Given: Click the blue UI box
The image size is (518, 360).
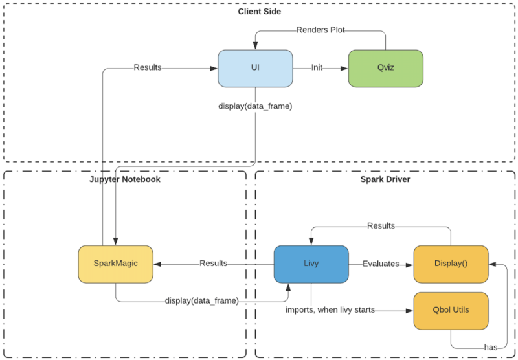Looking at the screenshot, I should pyautogui.click(x=255, y=68).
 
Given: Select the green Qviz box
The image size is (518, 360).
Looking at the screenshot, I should pyautogui.click(x=386, y=68).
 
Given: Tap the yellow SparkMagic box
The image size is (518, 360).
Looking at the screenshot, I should pyautogui.click(x=116, y=264).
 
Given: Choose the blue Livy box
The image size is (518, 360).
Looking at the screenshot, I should pyautogui.click(x=311, y=264).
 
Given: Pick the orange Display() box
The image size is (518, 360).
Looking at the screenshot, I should pyautogui.click(x=451, y=264).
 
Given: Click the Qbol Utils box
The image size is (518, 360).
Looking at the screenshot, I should pyautogui.click(x=451, y=310).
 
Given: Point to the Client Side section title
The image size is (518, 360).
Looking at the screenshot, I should pyautogui.click(x=259, y=12).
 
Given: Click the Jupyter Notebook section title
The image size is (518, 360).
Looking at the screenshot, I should pyautogui.click(x=125, y=179).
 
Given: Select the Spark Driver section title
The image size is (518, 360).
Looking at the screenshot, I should pyautogui.click(x=385, y=179).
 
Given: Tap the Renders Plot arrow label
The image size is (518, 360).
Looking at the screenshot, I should pyautogui.click(x=321, y=30).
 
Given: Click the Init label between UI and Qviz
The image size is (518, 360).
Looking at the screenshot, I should pyautogui.click(x=317, y=67).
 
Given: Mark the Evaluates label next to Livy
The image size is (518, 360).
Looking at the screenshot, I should pyautogui.click(x=381, y=264).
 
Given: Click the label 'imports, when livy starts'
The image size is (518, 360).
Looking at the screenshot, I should pyautogui.click(x=330, y=310).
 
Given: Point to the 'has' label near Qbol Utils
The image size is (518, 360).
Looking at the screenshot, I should pyautogui.click(x=491, y=347).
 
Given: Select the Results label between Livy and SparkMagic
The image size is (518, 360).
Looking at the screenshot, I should pyautogui.click(x=213, y=264).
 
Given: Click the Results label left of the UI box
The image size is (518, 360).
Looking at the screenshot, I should pyautogui.click(x=148, y=67).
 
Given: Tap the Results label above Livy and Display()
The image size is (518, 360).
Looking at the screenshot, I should pyautogui.click(x=381, y=226).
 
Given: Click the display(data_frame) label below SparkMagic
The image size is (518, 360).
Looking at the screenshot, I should pyautogui.click(x=201, y=301).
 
